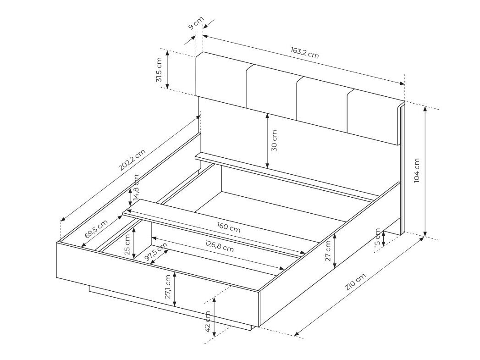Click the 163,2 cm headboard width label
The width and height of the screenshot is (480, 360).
point(304,53)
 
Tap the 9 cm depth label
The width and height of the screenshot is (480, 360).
point(196,23)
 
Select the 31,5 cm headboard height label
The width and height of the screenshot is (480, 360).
point(159,70)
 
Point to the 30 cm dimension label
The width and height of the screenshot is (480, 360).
point(274,140)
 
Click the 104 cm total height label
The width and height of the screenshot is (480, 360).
point(416,171)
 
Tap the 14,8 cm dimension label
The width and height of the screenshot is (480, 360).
point(136,187)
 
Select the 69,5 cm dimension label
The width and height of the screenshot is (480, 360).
point(96,229)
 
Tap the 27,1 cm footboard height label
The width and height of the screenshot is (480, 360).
point(168,287)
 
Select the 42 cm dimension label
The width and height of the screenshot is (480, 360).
point(207,322)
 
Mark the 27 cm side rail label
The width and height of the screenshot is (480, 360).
point(328,251)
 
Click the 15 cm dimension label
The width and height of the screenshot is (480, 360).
point(377,237)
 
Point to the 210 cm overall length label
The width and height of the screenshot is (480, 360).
point(355,282)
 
